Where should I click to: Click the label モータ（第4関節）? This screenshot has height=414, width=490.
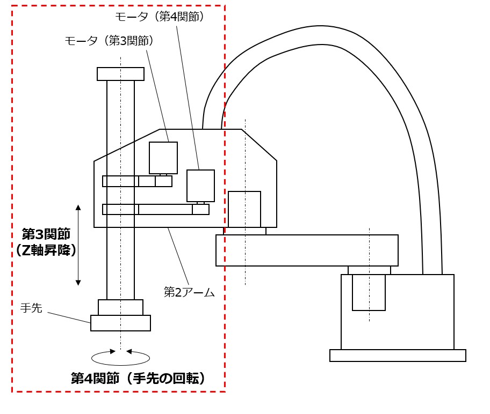(160, 17)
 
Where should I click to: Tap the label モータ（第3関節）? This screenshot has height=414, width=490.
(110, 41)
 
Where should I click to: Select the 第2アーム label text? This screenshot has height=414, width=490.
(189, 292)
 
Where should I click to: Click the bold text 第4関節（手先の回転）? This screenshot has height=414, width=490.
(139, 379)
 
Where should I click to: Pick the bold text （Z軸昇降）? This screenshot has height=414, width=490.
(46, 250)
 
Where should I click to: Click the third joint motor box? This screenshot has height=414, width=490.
(163, 158)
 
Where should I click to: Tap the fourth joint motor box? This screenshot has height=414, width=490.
(200, 186)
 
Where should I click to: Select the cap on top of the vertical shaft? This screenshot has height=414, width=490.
(120, 74)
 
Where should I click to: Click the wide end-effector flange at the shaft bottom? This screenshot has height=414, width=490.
(120, 323)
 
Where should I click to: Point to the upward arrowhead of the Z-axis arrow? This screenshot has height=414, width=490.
(78, 207)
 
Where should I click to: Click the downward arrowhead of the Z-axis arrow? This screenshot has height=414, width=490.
(78, 282)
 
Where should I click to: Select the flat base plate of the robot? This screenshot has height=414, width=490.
(398, 356)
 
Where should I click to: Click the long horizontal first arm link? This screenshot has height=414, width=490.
(307, 250)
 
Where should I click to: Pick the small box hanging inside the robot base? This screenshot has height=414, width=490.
(369, 292)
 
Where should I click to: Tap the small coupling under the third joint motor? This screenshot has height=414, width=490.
(163, 174)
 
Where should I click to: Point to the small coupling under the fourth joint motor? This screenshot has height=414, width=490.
(200, 203)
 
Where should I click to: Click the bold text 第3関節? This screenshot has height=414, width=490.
(46, 234)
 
